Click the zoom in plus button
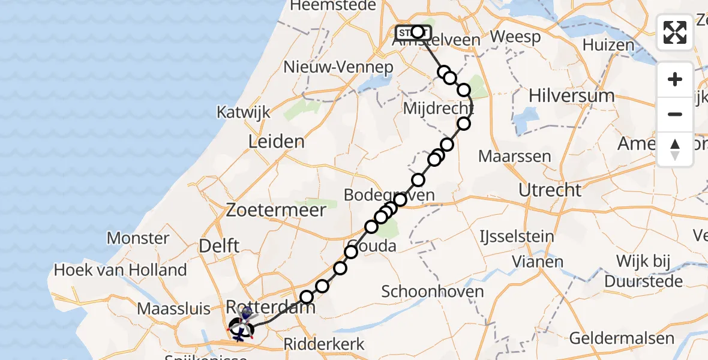675,80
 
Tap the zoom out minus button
675,114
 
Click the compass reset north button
675,149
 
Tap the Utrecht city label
550,190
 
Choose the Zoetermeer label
276,210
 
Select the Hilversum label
572,95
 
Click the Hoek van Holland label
120,270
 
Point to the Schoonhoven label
433,292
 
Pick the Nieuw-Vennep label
338,67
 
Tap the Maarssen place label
515,157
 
